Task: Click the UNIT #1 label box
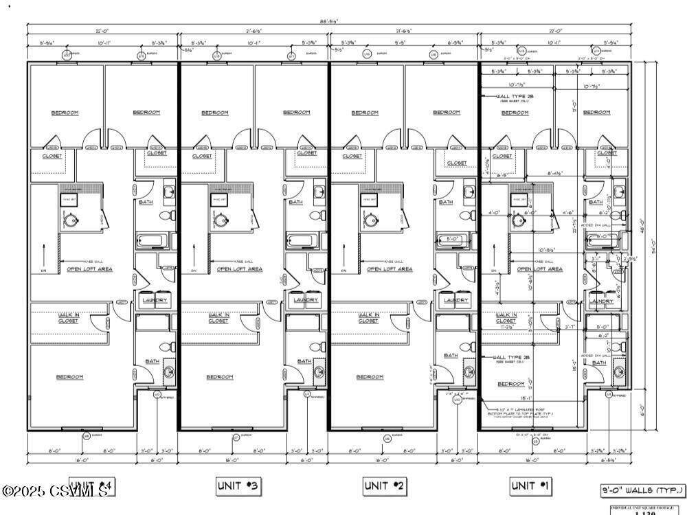[x=530, y=486]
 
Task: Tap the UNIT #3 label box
[x=238, y=486]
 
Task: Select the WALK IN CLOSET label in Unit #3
[x=218, y=318]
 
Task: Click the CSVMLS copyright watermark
[x=54, y=492]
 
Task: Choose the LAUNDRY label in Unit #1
[x=601, y=301]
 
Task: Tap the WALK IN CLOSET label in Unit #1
[x=506, y=318]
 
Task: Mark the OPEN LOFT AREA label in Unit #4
[x=89, y=269]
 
